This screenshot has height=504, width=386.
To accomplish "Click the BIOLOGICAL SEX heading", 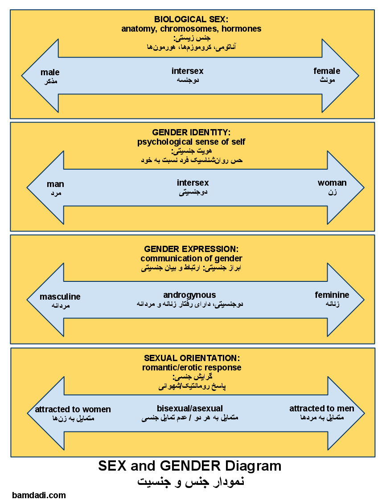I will pyautogui.click(x=191, y=20).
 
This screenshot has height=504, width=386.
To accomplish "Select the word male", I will pyautogui.click(x=50, y=72).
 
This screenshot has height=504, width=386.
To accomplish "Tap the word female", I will pyautogui.click(x=327, y=71).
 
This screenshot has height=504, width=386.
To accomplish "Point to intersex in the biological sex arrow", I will pyautogui.click(x=187, y=71).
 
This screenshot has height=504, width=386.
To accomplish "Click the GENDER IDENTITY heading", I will pyautogui.click(x=191, y=133).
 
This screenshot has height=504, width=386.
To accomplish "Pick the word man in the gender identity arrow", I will pyautogui.click(x=55, y=184).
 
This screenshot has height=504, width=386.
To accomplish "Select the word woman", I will pyautogui.click(x=332, y=183).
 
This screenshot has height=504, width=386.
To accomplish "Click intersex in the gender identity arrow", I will pyautogui.click(x=193, y=183).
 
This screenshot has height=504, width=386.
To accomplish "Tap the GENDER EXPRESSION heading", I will pyautogui.click(x=191, y=249).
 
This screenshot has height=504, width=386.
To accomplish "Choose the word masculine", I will pyautogui.click(x=60, y=297).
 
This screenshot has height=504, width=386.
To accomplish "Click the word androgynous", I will pyautogui.click(x=189, y=295).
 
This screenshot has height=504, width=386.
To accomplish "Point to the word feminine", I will pyautogui.click(x=332, y=295).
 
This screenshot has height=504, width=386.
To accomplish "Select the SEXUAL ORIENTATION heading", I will pyautogui.click(x=192, y=358).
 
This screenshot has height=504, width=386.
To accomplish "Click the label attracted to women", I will pyautogui.click(x=73, y=410).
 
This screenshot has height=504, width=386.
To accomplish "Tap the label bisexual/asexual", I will pyautogui.click(x=190, y=409).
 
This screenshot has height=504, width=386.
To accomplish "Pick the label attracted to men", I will pyautogui.click(x=322, y=409).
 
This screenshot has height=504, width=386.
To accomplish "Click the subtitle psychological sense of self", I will pyautogui.click(x=191, y=142).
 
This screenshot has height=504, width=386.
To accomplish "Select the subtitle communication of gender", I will pyautogui.click(x=191, y=259).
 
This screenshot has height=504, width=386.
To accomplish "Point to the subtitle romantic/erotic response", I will pyautogui.click(x=192, y=368).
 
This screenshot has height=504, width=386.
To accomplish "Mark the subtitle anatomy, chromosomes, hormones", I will pyautogui.click(x=191, y=29).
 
